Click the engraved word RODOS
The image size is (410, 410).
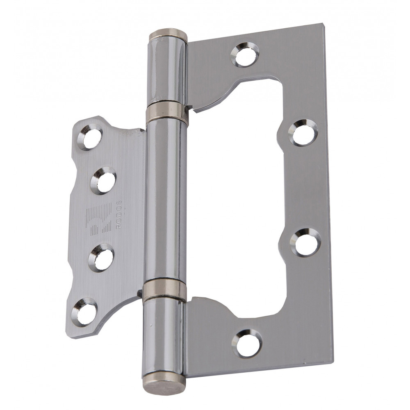tap(119, 214)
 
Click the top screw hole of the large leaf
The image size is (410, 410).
tap(245, 55)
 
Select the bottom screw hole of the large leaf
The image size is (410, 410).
tap(246, 343)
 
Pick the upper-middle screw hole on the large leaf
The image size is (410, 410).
tap(303, 132)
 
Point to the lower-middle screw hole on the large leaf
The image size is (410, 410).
tap(305, 242)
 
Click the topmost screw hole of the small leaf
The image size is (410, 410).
tap(90, 137)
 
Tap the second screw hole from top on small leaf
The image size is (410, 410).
tap(103, 180)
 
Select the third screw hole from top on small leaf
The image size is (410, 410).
tap(101, 257)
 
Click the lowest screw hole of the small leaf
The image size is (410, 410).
tap(84, 312)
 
